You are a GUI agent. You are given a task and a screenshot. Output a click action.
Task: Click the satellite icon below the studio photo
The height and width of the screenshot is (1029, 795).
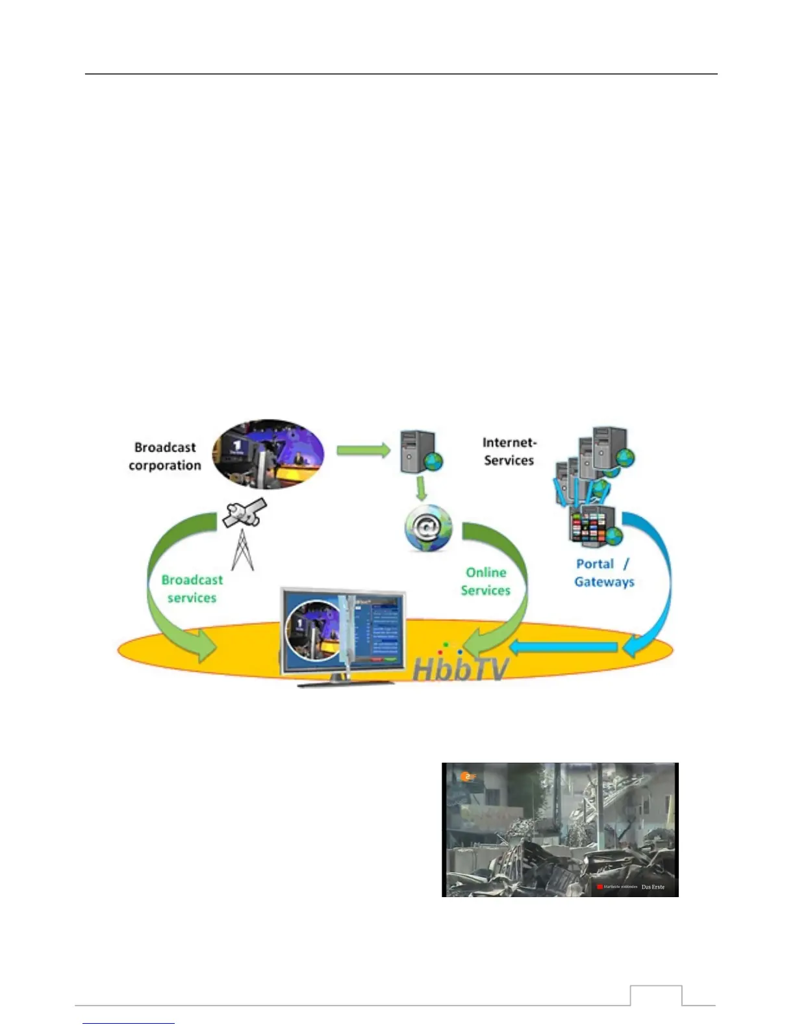[244, 514]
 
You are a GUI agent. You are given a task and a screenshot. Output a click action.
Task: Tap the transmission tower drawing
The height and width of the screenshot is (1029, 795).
[242, 551]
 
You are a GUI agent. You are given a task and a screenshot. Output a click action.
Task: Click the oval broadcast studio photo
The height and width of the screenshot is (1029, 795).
[268, 454]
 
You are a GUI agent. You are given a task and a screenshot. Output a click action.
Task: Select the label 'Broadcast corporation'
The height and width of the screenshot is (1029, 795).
[165, 456]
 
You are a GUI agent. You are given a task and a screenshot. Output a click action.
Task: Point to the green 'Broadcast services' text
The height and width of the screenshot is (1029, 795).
[192, 589]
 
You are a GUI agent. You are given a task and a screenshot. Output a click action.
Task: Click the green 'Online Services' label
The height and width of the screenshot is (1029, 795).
[486, 581]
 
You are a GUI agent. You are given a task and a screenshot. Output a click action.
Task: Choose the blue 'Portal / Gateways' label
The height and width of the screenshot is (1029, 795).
[603, 573]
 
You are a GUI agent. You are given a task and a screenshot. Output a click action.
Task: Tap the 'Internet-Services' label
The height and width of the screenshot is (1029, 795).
[509, 451]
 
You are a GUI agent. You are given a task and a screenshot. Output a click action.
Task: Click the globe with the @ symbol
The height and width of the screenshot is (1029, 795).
[427, 528]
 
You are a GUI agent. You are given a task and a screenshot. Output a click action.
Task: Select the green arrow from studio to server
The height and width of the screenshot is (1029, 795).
[362, 450]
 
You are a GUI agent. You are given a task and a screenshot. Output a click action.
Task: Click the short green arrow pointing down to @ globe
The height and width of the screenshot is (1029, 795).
[422, 489]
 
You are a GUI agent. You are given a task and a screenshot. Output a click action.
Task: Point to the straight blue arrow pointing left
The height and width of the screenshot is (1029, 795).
[562, 647]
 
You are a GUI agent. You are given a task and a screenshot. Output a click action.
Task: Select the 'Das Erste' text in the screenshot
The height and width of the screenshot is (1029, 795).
[653, 887]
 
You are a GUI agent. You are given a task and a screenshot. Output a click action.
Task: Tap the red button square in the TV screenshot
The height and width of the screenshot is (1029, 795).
[599, 887]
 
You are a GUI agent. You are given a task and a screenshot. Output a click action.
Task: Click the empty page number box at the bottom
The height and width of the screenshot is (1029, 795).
[656, 995]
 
